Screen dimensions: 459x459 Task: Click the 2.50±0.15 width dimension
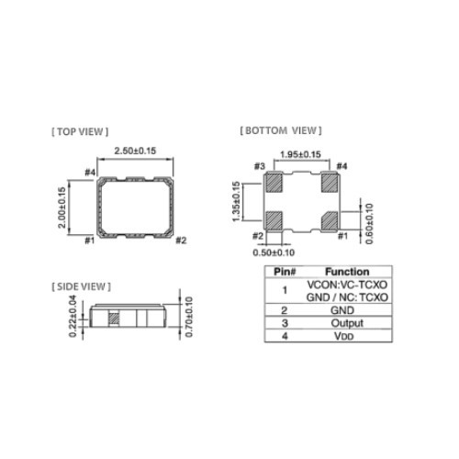point(135,151)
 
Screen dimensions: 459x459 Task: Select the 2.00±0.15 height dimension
point(62,207)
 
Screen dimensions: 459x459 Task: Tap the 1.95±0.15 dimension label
point(300,154)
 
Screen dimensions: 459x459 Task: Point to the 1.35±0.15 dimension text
point(236,201)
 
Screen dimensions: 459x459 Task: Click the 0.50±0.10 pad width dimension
point(274,252)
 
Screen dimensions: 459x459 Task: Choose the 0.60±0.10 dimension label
point(369,224)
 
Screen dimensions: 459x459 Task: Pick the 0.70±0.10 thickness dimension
point(189,317)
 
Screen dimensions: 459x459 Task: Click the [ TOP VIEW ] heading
point(80,132)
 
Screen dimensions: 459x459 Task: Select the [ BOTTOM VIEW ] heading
point(281,130)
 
